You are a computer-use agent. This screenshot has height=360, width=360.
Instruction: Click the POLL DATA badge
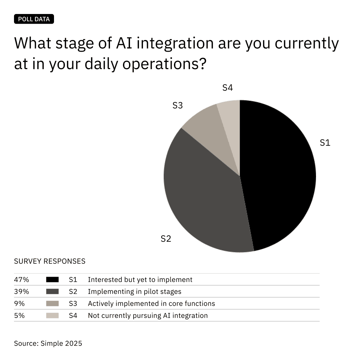34,19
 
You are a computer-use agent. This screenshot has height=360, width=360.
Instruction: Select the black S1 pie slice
280,173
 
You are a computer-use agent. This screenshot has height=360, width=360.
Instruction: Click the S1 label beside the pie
325,143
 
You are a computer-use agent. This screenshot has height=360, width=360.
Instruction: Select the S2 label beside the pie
166,239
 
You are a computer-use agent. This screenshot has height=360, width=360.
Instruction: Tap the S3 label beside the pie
177,106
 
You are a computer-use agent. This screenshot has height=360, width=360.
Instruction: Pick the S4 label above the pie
227,88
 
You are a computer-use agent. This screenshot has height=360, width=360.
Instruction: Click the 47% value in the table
21,280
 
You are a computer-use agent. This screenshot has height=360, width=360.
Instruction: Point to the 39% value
21,292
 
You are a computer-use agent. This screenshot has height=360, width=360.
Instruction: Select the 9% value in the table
19,304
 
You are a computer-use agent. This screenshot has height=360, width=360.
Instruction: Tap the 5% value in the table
19,316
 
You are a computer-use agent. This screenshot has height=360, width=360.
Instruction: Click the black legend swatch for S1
52,280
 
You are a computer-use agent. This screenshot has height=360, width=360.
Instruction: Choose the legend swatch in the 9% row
52,304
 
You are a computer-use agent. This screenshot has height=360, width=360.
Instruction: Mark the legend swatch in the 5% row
52,316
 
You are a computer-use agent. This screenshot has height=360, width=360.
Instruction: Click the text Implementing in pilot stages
134,292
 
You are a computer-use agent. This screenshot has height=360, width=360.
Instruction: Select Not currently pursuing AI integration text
148,316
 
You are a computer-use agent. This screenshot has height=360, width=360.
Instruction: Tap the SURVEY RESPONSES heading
50,261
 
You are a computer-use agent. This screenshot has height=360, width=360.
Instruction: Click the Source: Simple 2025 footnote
48,343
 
